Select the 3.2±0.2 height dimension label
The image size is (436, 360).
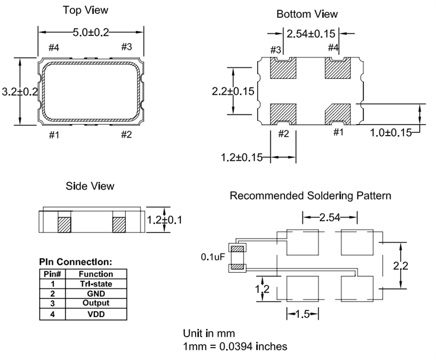point(20,91)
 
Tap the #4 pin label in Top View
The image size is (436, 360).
point(53,47)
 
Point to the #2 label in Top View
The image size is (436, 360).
point(126,135)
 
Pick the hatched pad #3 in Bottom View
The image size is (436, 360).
point(283,69)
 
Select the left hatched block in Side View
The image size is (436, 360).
point(65,224)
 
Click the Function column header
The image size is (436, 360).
point(95,274)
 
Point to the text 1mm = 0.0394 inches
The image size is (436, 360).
point(235,346)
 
